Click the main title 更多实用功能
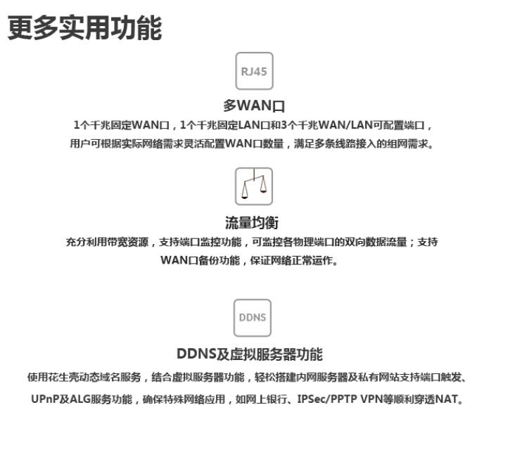point(84,27)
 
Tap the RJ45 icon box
point(254,71)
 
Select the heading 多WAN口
point(254,105)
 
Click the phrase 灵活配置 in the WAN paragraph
point(203,143)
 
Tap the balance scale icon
point(254,186)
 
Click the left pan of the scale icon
point(244,192)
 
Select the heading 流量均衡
point(252,222)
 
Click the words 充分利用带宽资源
point(107,243)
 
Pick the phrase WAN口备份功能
point(201,260)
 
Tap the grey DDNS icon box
point(253,318)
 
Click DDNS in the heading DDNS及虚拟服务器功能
point(196,354)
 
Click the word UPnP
point(45,399)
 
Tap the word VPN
point(371,399)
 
